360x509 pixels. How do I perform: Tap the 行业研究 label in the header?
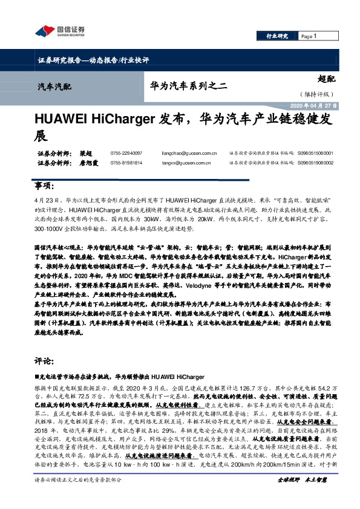(x=277, y=36)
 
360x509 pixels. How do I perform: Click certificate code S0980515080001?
(x=316, y=154)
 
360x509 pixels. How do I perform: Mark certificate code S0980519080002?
(x=316, y=163)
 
